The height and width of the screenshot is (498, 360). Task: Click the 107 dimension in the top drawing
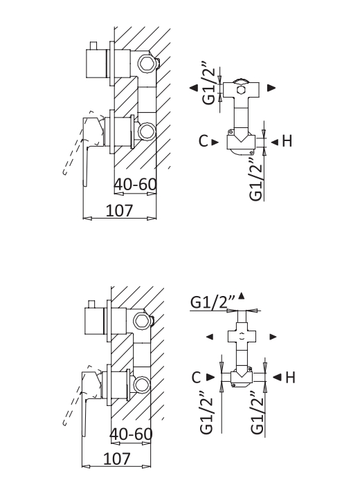coord(119,210)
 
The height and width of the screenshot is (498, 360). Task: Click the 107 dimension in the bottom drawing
coord(117,459)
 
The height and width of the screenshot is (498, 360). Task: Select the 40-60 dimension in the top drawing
coord(136,184)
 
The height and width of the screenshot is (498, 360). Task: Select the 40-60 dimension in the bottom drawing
coord(132,434)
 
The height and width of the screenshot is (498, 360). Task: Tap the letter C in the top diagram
coord(204,141)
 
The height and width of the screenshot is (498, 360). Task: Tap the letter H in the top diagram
coord(287,141)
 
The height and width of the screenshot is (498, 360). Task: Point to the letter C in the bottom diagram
coord(197,378)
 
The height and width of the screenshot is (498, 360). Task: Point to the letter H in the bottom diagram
coord(290,378)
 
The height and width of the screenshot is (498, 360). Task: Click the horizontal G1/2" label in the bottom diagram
coord(213,302)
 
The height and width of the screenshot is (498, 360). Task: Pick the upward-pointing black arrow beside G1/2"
coord(242,296)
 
